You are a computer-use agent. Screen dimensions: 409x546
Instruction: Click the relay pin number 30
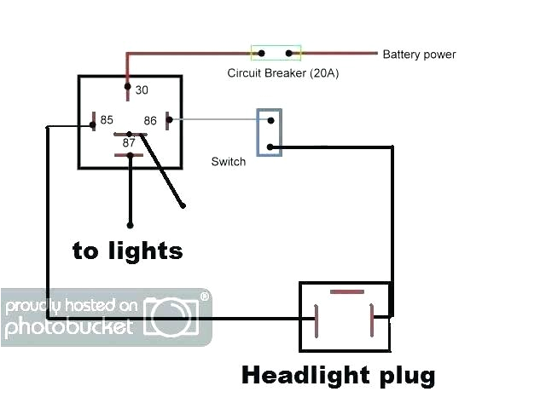(x=142, y=89)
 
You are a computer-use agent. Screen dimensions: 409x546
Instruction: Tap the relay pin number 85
(x=107, y=120)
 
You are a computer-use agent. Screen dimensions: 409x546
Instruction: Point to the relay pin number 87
(x=129, y=143)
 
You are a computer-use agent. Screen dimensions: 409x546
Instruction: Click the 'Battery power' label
(x=419, y=55)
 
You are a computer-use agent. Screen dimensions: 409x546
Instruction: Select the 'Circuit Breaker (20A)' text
(x=282, y=73)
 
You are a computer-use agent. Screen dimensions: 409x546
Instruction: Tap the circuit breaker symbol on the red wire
(x=276, y=53)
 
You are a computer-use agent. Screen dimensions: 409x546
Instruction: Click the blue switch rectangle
(x=270, y=132)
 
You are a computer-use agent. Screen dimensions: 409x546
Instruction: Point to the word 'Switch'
(x=228, y=162)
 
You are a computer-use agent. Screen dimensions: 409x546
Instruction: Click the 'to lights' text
(x=127, y=251)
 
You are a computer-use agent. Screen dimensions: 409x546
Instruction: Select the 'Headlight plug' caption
(x=339, y=375)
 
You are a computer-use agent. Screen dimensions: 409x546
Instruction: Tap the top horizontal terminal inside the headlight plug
(x=346, y=293)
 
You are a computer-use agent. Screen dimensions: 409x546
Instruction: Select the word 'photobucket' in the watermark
(x=69, y=326)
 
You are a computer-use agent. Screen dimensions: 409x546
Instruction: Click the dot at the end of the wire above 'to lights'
(x=130, y=226)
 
